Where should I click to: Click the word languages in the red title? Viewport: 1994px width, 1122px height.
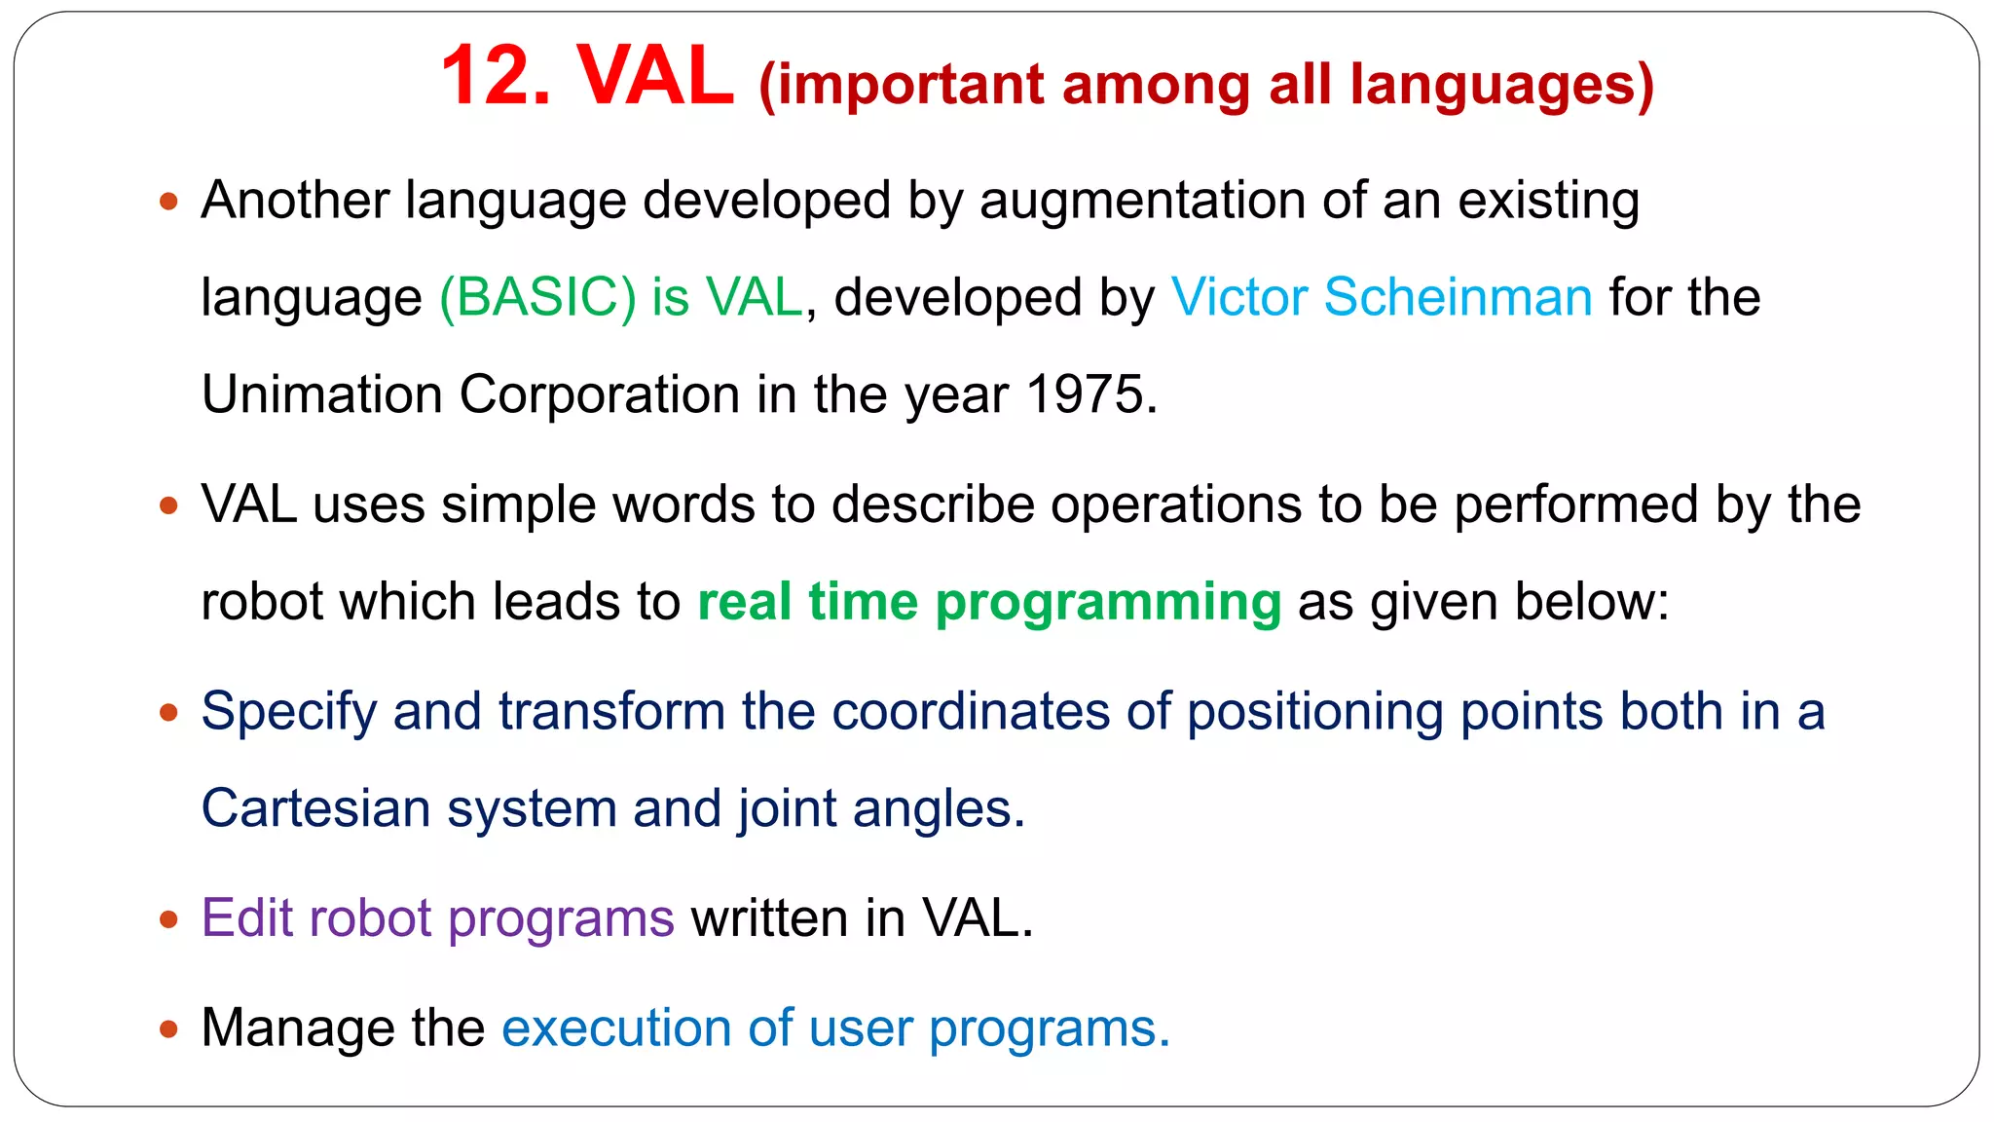(x=1501, y=86)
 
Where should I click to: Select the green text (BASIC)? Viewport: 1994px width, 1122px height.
(x=537, y=297)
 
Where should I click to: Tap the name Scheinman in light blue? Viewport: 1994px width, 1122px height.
(x=1458, y=297)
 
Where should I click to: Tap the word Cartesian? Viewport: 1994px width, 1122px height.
(x=315, y=808)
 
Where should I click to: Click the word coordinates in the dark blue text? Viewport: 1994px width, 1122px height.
(x=971, y=711)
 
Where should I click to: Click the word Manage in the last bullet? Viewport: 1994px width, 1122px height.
(x=296, y=1028)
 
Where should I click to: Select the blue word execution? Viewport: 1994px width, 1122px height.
(x=615, y=1028)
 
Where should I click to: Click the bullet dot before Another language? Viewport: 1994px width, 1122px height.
(x=169, y=203)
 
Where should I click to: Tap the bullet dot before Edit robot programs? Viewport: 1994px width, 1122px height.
(x=169, y=919)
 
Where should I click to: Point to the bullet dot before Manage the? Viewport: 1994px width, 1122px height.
(x=169, y=1029)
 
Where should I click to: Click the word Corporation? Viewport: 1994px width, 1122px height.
(x=599, y=394)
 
